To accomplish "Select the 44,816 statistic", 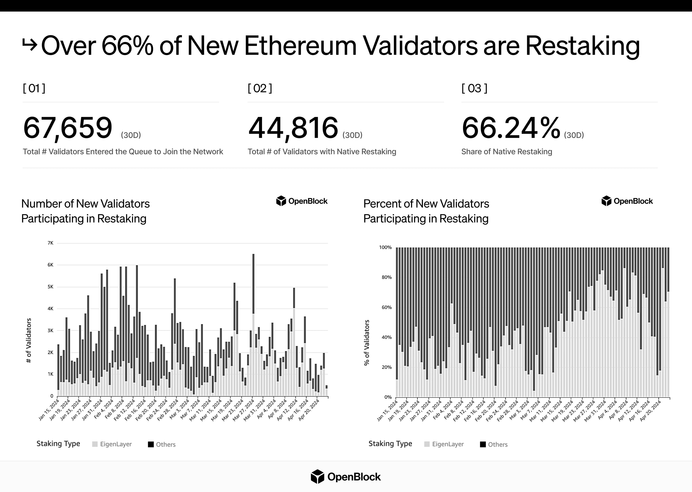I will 293,128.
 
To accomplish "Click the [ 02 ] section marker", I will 260,88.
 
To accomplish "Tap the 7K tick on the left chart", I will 50,243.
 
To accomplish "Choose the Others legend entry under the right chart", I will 494,444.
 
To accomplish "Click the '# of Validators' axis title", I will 29,340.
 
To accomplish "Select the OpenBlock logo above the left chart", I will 302,201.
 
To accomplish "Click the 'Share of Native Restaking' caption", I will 507,152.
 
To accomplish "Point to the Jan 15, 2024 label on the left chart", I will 49,410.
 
